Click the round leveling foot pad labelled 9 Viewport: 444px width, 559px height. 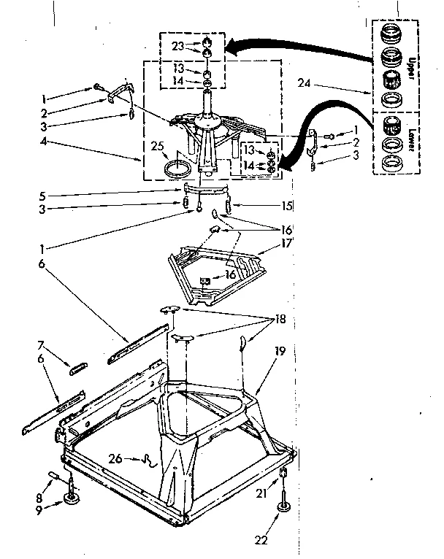coord(72,499)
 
